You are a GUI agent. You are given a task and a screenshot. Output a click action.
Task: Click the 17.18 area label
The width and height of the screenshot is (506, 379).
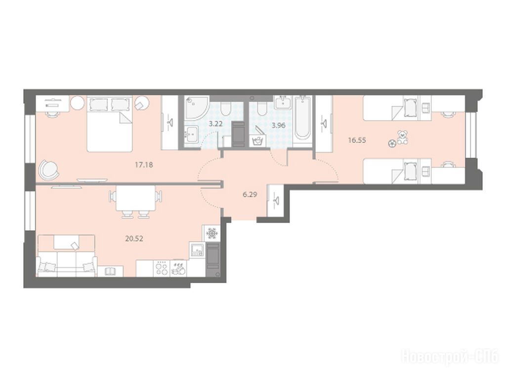click(144, 165)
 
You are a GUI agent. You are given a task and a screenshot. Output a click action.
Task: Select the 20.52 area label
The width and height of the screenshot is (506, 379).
click(134, 239)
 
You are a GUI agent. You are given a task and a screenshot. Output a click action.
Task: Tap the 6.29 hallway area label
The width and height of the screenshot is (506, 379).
click(250, 195)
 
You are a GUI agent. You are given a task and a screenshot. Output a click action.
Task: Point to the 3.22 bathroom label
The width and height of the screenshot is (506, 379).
click(215, 124)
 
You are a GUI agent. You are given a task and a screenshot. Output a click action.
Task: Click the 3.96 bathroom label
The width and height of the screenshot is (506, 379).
click(278, 125)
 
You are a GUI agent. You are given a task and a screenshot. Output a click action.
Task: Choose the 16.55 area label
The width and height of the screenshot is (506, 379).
click(357, 140)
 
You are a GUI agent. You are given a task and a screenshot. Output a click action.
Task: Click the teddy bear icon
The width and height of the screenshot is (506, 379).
click(402, 137)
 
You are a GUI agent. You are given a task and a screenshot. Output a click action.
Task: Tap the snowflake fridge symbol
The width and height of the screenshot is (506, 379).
click(211, 233)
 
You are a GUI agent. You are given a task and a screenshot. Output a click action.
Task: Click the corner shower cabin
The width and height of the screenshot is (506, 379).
click(195, 108)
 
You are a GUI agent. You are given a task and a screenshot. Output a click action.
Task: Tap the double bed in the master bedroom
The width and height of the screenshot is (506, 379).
click(110, 124)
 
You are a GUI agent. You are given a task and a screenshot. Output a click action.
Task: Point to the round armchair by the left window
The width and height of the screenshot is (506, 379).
click(49, 170)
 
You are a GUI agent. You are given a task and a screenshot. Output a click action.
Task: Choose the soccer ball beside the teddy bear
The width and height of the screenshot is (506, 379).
click(392, 144)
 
